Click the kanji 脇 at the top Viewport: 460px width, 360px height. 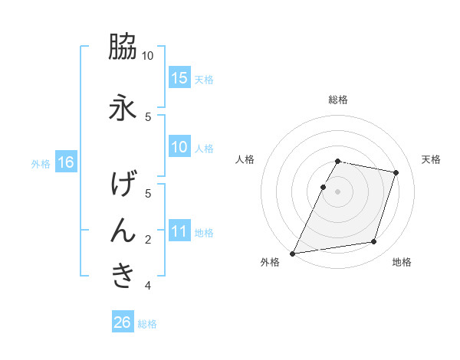pyautogui.click(x=123, y=47)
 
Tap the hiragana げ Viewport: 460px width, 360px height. pyautogui.click(x=123, y=184)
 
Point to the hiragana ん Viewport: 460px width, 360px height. pyautogui.click(x=123, y=229)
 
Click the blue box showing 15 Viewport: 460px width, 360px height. pyautogui.click(x=179, y=77)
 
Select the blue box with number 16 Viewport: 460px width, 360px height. pyautogui.click(x=65, y=162)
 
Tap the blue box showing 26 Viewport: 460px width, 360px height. pyautogui.click(x=123, y=322)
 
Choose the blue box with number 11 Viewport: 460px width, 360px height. pyautogui.click(x=179, y=231)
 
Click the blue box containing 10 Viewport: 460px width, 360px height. pyautogui.click(x=179, y=147)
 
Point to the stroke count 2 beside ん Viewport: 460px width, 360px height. pyautogui.click(x=149, y=240)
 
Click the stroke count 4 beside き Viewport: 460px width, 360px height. pyautogui.click(x=149, y=286)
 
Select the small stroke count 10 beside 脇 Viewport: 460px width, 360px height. pyautogui.click(x=148, y=56)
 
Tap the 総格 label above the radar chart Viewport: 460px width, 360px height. pyautogui.click(x=338, y=100)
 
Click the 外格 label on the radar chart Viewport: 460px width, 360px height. pyautogui.click(x=270, y=262)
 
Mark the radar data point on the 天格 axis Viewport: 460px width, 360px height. pyautogui.click(x=396, y=173)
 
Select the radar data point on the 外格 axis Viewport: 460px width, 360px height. pyautogui.click(x=293, y=253)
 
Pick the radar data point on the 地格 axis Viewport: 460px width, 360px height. pyautogui.click(x=374, y=242)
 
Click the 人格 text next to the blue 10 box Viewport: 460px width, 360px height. pyautogui.click(x=204, y=148)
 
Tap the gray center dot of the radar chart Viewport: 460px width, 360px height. pyautogui.click(x=338, y=191)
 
